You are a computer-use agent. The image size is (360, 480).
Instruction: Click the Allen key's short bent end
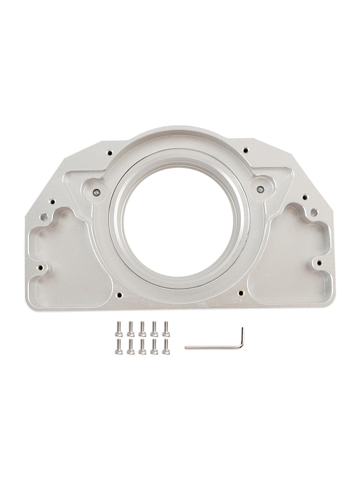(x=242, y=336)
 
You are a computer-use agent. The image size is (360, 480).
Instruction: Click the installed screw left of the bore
(x=97, y=192)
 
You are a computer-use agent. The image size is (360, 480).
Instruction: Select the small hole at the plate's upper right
(x=245, y=150)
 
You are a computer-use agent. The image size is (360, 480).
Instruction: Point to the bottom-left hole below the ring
(x=119, y=294)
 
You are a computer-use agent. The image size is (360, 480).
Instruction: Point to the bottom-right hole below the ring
(x=240, y=292)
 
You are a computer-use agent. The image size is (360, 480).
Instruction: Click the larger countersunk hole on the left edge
(x=44, y=217)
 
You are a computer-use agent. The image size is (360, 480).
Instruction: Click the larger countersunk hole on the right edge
(x=313, y=212)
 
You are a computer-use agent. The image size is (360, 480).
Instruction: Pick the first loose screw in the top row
(x=119, y=329)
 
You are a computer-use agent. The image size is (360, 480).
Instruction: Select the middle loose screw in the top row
(x=142, y=329)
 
